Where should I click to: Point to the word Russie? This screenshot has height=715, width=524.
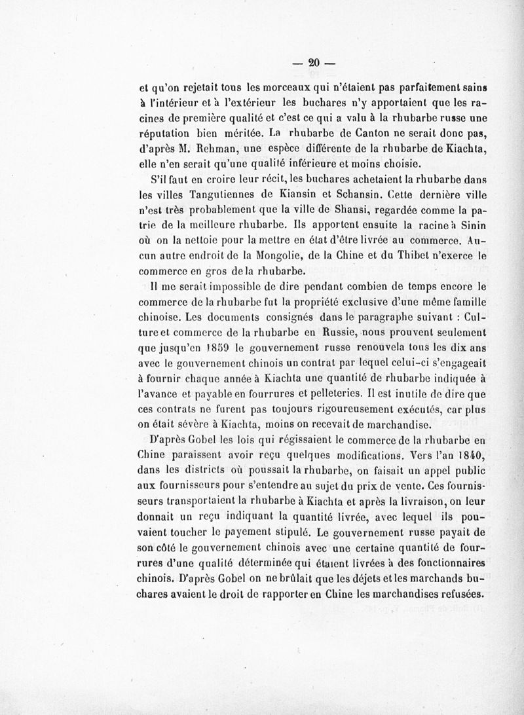pyautogui.click(x=339, y=335)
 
